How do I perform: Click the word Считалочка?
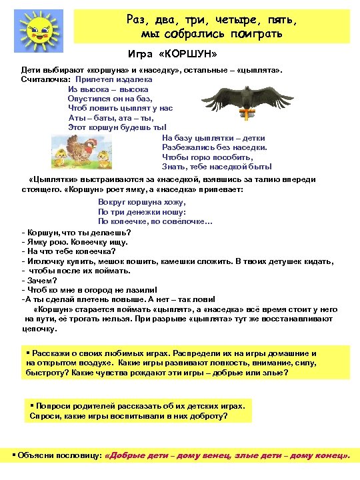45,79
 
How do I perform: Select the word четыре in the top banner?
225,20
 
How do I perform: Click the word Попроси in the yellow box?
55,405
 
